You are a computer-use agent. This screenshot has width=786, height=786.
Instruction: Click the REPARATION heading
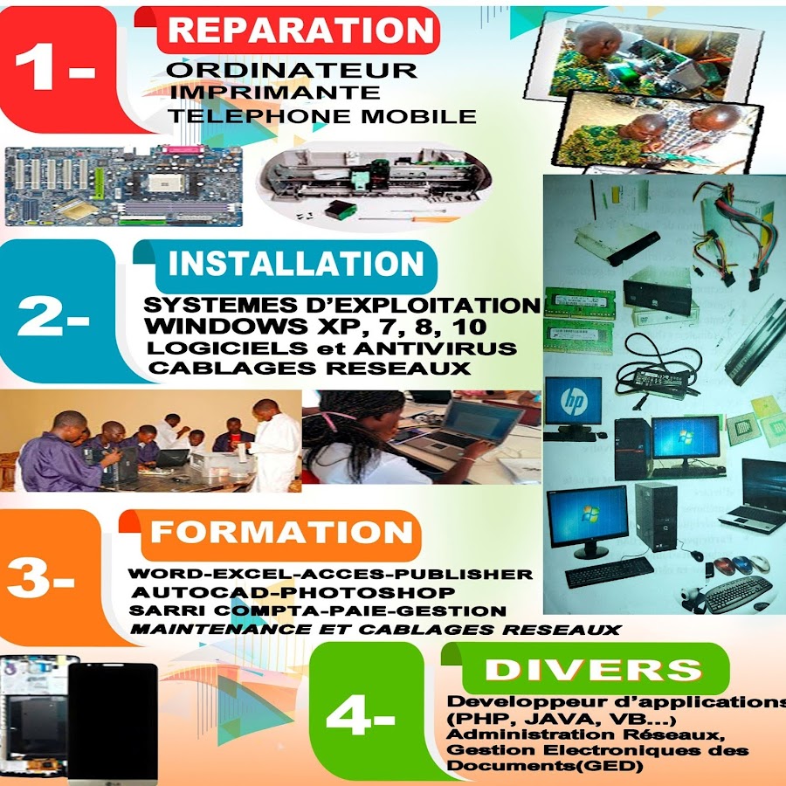click(x=300, y=30)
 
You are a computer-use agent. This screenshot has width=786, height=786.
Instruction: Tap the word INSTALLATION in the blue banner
click(x=296, y=264)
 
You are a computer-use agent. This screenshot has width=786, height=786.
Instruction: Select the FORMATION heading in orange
click(x=281, y=532)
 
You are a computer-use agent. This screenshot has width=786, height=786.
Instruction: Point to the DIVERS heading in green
click(x=594, y=669)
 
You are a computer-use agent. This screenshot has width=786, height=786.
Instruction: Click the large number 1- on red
click(x=55, y=66)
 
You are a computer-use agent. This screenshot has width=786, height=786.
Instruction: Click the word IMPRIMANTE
click(x=275, y=93)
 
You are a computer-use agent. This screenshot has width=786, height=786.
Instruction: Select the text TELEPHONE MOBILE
click(x=322, y=116)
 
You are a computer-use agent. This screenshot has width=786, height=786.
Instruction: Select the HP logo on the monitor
click(x=573, y=399)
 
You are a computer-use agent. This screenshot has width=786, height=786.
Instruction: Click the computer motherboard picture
click(x=123, y=186)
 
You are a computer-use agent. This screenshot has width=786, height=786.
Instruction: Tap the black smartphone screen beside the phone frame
click(x=113, y=722)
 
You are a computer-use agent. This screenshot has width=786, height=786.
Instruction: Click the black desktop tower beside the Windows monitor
click(x=633, y=448)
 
